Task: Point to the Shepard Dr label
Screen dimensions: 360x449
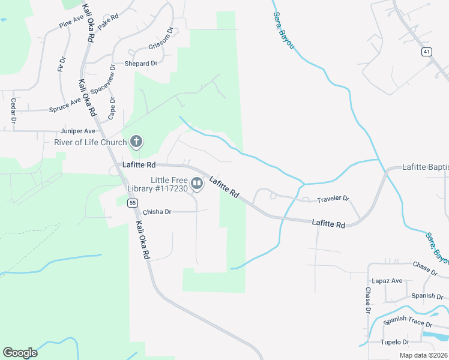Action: (140, 63)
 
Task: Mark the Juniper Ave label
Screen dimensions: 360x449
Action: (77, 131)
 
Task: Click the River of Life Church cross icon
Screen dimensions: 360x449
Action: (136, 142)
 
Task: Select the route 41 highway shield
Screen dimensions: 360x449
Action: (426, 52)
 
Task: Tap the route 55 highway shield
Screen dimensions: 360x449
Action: (132, 203)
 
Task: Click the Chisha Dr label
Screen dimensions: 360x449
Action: (157, 212)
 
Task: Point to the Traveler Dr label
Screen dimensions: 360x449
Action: (333, 197)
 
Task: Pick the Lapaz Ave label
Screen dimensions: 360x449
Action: (388, 280)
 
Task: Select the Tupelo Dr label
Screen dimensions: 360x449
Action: (394, 342)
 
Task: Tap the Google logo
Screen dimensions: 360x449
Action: (20, 353)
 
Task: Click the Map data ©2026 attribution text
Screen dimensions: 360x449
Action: (423, 355)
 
